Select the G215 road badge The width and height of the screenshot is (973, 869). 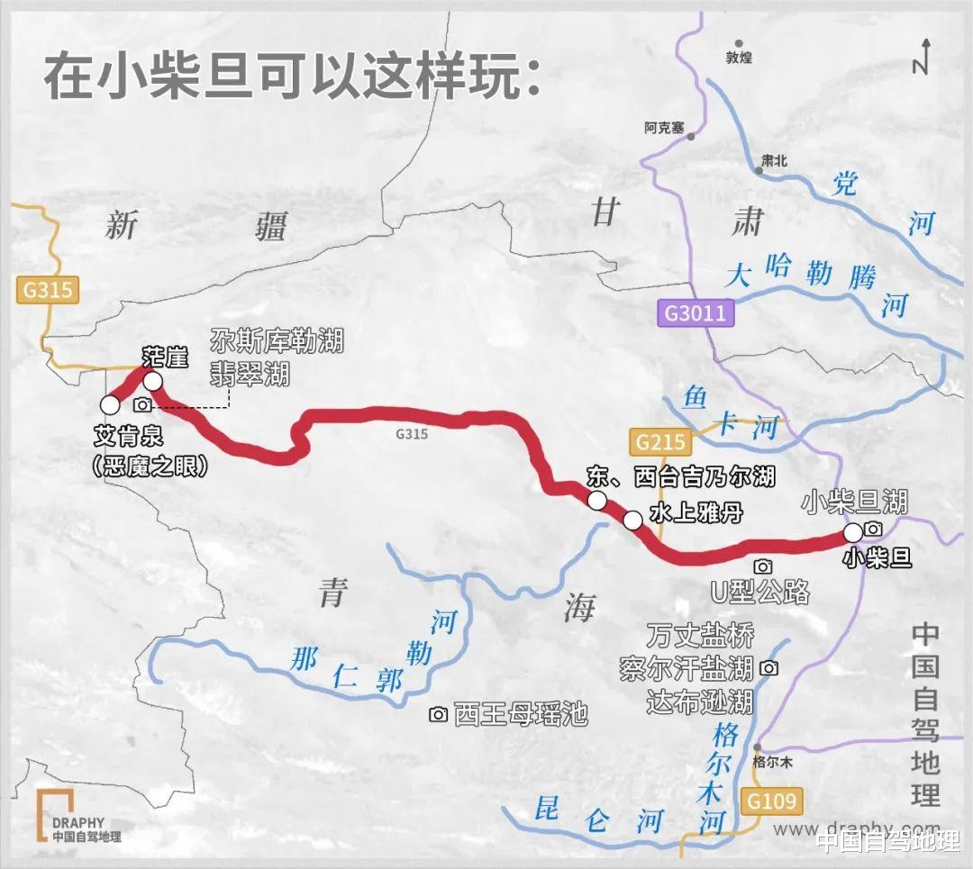pos(661,442)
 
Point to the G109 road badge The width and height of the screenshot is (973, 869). pos(772,800)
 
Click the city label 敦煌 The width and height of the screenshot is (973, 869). pos(738,58)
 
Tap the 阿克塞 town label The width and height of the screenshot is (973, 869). pos(666,127)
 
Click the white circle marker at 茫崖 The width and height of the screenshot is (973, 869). pos(152,382)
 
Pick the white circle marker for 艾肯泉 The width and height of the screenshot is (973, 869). pos(110,404)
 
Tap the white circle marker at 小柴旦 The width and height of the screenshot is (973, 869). pos(852,532)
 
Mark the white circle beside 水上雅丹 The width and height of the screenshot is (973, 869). pos(632,520)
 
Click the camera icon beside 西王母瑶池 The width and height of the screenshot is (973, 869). pos(438,714)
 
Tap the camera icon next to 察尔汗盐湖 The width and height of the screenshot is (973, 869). pos(768,668)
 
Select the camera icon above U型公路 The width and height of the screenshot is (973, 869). pos(763,566)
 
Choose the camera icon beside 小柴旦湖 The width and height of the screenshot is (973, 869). pos(872,529)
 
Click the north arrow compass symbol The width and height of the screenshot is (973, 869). pos(921,56)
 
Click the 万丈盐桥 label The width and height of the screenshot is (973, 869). pos(699,635)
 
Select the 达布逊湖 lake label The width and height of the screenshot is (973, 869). pos(699,701)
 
